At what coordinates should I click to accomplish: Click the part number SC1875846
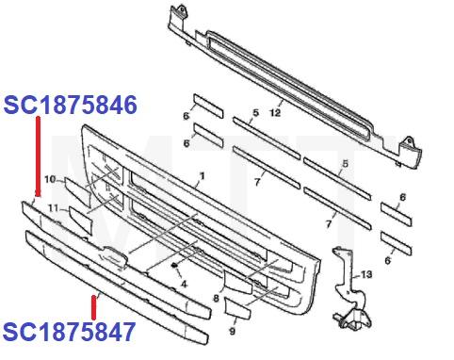tap(72, 104)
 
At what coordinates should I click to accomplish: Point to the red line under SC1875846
tap(37, 156)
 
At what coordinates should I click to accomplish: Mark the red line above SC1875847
tap(93, 306)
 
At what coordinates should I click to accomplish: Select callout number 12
tap(276, 112)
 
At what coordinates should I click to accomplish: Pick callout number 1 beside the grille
tap(201, 176)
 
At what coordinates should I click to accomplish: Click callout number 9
tap(234, 333)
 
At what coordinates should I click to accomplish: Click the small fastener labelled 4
tap(176, 267)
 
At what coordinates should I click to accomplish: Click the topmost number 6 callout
tap(186, 116)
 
